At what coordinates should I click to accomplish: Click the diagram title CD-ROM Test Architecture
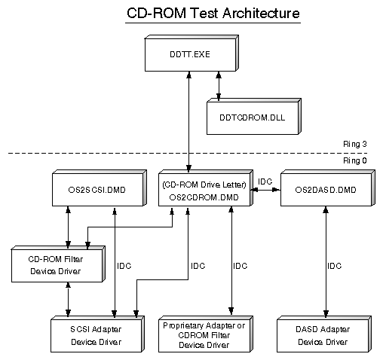click(213, 13)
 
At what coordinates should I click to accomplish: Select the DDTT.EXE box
click(191, 53)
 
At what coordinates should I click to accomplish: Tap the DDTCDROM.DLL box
click(254, 117)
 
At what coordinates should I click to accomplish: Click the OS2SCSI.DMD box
click(100, 188)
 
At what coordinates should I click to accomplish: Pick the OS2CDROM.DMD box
click(206, 188)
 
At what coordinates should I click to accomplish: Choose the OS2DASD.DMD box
click(328, 188)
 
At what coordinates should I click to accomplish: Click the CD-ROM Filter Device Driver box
click(58, 264)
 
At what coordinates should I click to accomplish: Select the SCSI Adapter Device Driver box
click(97, 334)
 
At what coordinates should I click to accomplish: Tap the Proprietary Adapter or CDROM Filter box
click(206, 334)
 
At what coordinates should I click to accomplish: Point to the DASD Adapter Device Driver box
click(324, 334)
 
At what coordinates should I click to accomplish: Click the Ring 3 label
click(355, 144)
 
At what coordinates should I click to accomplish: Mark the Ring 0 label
click(355, 160)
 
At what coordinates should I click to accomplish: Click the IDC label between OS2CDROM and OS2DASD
click(265, 182)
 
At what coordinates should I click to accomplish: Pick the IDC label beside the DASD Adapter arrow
click(334, 266)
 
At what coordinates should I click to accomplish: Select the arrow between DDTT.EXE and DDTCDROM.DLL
click(219, 87)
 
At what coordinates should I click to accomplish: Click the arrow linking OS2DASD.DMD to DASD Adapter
click(326, 262)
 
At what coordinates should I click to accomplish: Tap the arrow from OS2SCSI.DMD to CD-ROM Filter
click(68, 227)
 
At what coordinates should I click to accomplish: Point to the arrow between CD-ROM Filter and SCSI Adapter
click(68, 299)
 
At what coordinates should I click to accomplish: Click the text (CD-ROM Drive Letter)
click(204, 185)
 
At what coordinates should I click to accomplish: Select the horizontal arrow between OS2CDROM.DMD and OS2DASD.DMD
click(265, 190)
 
